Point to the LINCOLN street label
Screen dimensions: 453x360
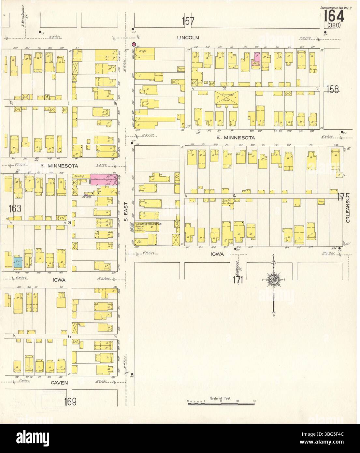pos(188,38)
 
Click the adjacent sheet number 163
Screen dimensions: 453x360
pos(15,208)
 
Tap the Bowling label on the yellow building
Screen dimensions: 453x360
pos(79,176)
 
